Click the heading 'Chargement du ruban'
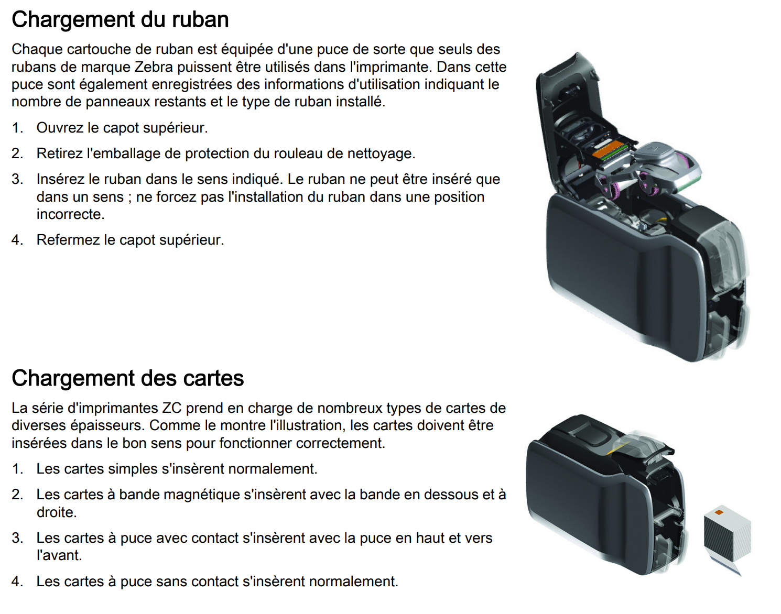click(x=120, y=19)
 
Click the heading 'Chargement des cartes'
click(x=128, y=378)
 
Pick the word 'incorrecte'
click(x=70, y=214)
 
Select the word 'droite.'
click(x=57, y=512)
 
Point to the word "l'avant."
click(x=59, y=555)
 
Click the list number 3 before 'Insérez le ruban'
click(x=17, y=180)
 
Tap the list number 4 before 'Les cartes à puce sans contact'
click(x=17, y=582)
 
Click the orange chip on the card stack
click(x=719, y=512)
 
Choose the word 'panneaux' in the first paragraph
click(x=118, y=102)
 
